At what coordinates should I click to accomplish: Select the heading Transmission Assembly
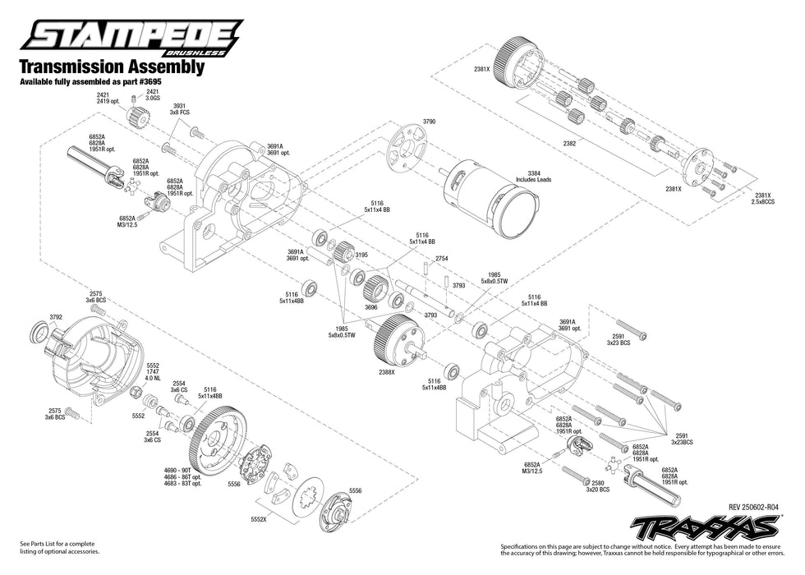pyautogui.click(x=111, y=68)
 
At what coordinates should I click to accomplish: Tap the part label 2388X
pyautogui.click(x=386, y=372)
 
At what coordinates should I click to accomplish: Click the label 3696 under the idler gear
pyautogui.click(x=371, y=306)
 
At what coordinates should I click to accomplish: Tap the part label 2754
pyautogui.click(x=442, y=258)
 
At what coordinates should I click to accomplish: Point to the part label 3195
pyautogui.click(x=361, y=255)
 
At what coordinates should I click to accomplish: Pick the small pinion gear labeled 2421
pyautogui.click(x=136, y=118)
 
